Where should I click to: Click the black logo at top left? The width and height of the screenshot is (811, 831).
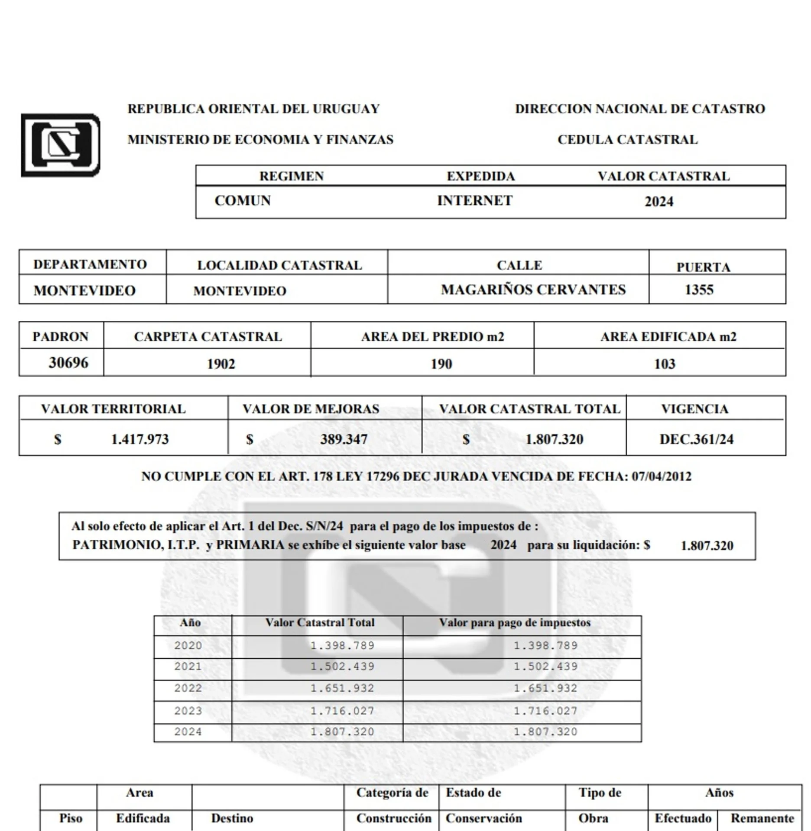[x=61, y=145]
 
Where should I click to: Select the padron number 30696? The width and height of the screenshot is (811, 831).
[x=68, y=363]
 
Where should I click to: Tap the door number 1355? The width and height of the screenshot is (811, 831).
[x=699, y=290]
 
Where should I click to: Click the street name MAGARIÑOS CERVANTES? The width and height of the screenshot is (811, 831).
[x=533, y=290]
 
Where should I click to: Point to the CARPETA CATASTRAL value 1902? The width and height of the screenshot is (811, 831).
[x=221, y=364]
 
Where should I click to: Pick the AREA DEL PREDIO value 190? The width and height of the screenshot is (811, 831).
[x=441, y=364]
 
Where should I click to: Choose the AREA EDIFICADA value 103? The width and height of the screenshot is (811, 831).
[x=665, y=364]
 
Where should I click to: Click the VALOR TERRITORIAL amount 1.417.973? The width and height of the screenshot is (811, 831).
[x=140, y=439]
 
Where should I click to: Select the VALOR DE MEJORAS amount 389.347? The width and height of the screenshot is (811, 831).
[x=344, y=439]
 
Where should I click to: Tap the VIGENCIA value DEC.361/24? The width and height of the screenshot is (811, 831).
[x=696, y=439]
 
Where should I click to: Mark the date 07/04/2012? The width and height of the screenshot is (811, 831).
[x=662, y=477]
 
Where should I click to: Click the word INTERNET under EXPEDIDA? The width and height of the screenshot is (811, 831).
[x=475, y=201]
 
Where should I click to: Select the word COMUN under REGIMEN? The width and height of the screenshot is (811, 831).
[x=243, y=201]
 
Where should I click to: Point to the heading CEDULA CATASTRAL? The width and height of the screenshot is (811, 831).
[x=627, y=140]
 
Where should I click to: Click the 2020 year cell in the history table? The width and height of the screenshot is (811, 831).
[x=188, y=645]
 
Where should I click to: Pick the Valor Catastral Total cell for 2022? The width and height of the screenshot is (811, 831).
[x=342, y=688]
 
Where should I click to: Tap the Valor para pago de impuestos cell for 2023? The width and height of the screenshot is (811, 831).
[x=545, y=711]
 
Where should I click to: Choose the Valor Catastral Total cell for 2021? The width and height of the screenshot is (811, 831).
[x=342, y=667]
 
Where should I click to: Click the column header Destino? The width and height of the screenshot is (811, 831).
[x=232, y=818]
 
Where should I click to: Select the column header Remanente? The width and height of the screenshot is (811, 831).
[x=762, y=818]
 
